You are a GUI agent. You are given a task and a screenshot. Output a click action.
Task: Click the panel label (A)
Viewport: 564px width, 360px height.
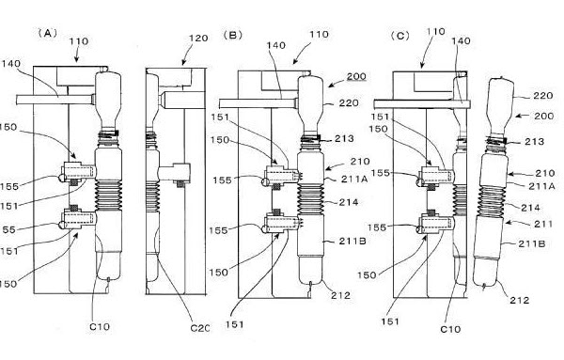point(48,33)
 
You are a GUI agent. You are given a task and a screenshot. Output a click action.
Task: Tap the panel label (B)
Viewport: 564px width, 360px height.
point(233,35)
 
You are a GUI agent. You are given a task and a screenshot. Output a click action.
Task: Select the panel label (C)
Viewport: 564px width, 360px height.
point(400,36)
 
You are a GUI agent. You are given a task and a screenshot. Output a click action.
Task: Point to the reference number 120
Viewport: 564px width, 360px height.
point(198,39)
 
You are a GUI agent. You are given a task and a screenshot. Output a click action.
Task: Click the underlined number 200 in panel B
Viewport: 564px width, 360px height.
point(356,76)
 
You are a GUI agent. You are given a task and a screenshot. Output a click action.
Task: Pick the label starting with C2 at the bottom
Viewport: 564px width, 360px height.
point(199,328)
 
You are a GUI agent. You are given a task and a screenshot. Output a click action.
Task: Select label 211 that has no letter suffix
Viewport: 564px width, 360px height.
point(543,224)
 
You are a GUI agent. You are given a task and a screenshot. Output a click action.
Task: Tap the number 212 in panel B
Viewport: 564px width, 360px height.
point(340,295)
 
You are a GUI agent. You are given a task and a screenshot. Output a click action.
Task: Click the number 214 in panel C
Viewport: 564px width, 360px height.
point(530,208)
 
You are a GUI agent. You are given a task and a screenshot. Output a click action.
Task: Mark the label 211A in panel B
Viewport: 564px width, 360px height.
point(354,179)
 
